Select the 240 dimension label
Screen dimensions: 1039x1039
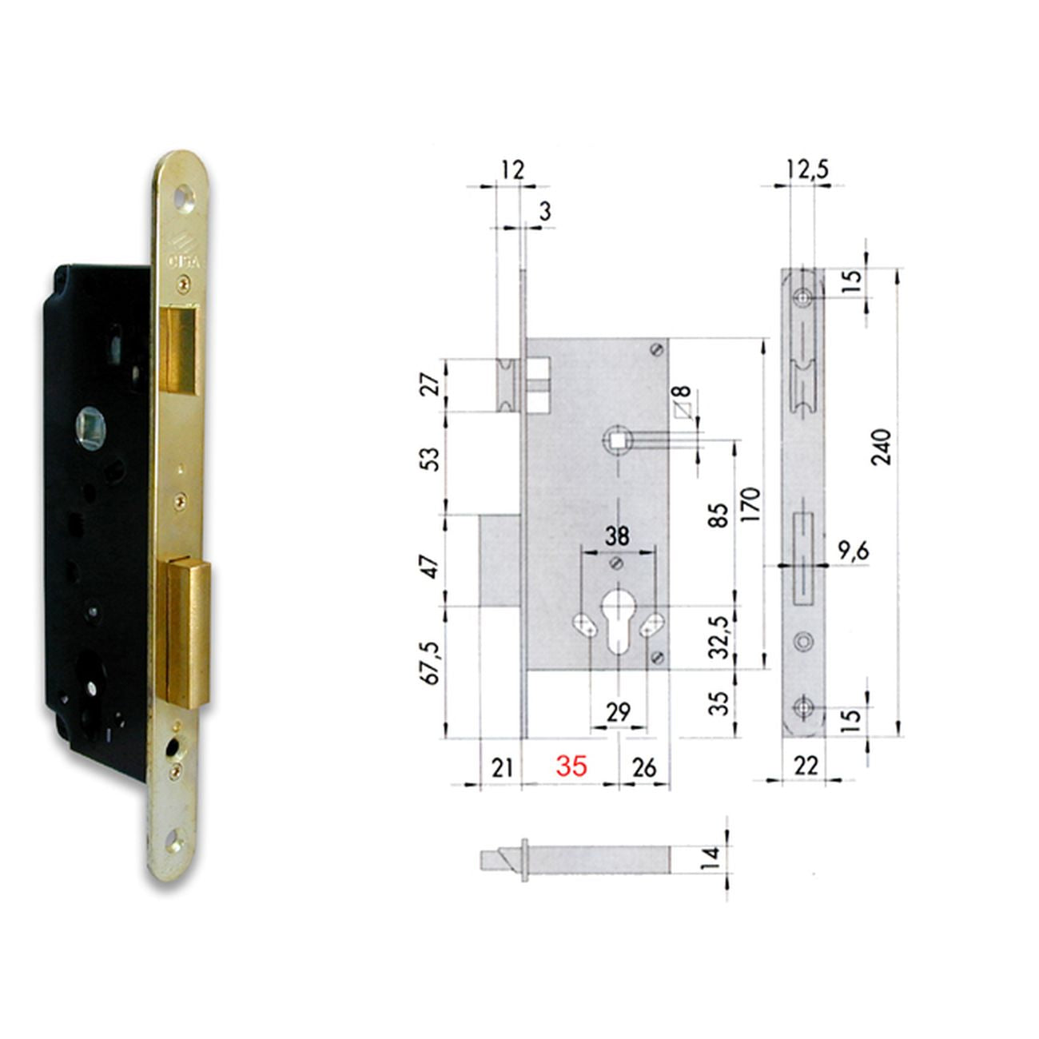[x=882, y=448]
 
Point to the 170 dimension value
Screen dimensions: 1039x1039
[x=750, y=504]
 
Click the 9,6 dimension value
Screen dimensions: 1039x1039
[x=854, y=551]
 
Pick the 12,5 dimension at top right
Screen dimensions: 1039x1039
[x=807, y=169]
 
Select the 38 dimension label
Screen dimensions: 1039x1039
[x=617, y=536]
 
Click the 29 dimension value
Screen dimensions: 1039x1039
[x=618, y=712]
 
